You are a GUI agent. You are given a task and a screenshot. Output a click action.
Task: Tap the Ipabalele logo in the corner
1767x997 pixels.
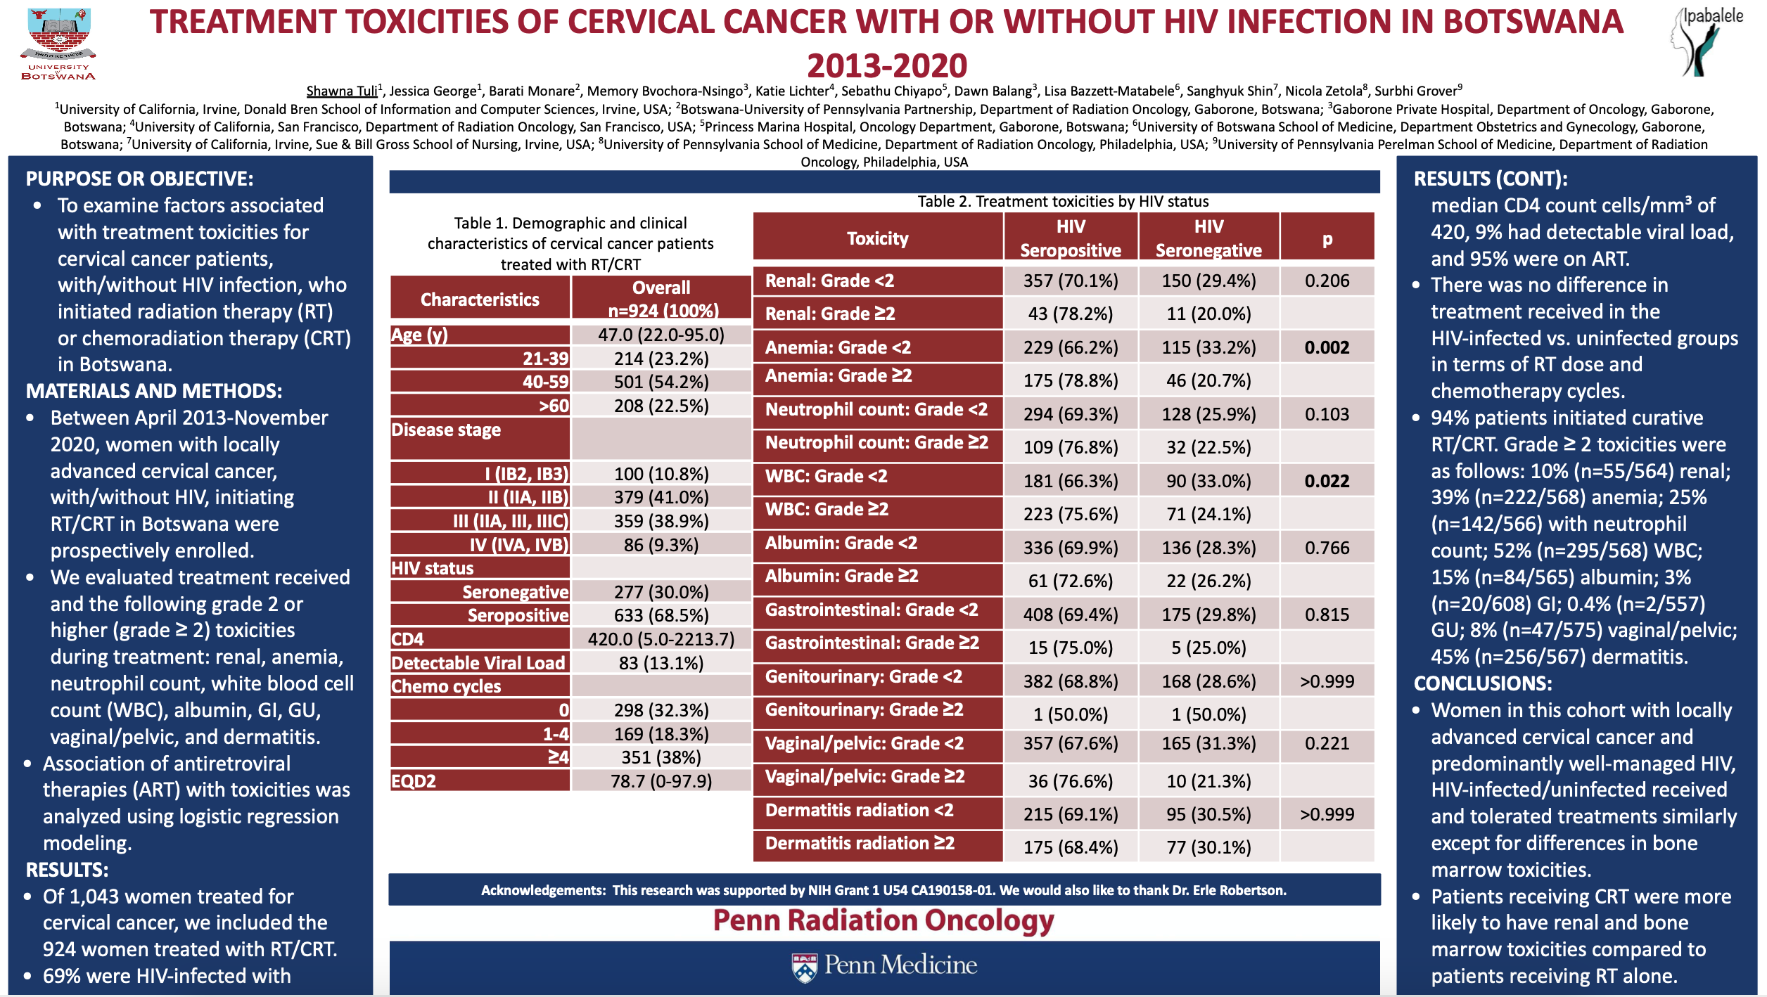(1707, 41)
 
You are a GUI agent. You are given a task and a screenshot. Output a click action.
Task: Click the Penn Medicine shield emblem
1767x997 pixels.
(805, 967)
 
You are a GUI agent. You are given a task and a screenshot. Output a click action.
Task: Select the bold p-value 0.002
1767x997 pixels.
(1327, 347)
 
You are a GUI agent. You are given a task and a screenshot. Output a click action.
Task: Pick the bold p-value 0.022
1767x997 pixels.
(1327, 481)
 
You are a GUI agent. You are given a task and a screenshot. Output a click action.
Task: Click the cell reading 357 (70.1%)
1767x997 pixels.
(1071, 281)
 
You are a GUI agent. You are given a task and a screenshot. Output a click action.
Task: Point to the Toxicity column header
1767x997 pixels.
(877, 238)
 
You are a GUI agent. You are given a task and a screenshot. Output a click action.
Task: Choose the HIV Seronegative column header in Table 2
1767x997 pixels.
(1208, 238)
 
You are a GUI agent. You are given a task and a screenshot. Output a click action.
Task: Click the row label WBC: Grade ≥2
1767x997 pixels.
(827, 509)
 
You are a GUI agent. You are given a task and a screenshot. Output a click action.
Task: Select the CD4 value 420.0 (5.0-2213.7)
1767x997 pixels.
(661, 639)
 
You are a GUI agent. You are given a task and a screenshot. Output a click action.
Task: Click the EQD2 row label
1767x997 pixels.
(414, 781)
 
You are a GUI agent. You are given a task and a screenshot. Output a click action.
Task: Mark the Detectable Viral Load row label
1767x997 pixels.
(478, 663)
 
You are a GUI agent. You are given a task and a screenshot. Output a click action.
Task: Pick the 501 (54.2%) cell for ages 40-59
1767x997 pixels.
(661, 382)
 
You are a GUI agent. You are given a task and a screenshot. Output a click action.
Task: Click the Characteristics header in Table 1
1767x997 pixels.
(480, 300)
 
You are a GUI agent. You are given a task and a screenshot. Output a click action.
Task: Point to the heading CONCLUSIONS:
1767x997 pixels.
(1483, 683)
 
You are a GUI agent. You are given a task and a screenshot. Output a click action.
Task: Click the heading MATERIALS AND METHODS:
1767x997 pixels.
(154, 391)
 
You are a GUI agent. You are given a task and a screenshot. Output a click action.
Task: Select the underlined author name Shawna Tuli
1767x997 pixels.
(342, 91)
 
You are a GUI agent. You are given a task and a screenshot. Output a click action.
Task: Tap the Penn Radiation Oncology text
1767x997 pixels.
(883, 920)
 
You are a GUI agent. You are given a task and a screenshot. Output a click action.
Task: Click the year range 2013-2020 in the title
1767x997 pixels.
(887, 65)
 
